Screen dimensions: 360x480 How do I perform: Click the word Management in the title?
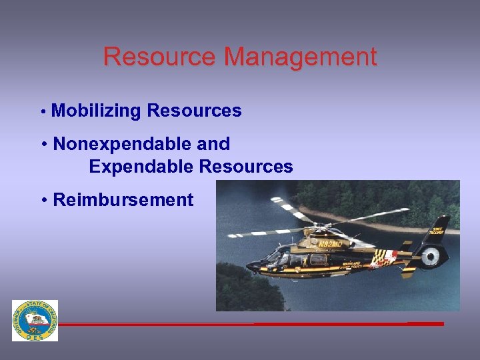point(301,58)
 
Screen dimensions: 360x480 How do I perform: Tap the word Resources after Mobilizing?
point(194,111)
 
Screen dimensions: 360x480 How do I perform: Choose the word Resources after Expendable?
point(246,167)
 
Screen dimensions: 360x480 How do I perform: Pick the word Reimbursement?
point(123,200)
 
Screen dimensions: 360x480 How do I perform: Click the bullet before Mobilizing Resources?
point(42,112)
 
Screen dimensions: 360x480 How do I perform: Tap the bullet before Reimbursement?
point(43,200)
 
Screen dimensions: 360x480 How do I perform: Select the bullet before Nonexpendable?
point(43,144)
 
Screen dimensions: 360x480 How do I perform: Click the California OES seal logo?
point(35,321)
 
